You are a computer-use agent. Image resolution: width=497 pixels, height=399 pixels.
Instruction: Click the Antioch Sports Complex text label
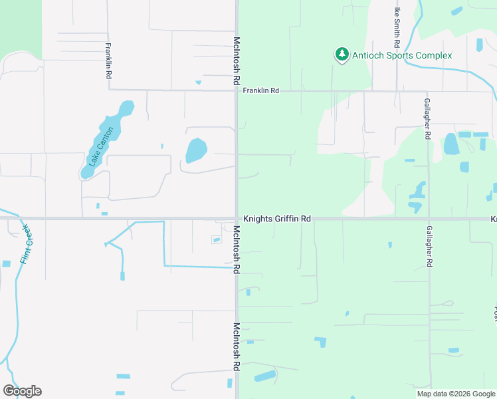(x=402, y=55)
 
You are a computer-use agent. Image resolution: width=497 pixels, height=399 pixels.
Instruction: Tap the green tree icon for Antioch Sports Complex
(x=342, y=55)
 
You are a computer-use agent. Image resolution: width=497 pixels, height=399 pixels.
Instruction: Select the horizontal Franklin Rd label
(x=260, y=90)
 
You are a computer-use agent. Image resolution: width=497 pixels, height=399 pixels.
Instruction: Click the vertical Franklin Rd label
(x=108, y=61)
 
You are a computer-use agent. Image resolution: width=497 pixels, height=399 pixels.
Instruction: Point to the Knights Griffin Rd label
(x=277, y=218)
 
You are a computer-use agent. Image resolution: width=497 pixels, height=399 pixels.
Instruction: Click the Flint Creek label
(x=26, y=245)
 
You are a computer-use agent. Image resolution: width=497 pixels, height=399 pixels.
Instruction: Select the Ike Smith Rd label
(x=397, y=27)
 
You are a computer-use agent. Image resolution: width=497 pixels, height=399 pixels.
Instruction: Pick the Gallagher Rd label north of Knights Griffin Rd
(x=428, y=119)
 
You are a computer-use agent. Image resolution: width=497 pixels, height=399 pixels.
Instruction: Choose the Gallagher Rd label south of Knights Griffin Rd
(x=429, y=246)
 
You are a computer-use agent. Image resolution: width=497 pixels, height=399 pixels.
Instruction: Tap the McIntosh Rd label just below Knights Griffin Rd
(x=236, y=249)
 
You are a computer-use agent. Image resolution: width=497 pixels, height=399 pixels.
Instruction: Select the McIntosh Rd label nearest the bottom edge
(x=236, y=346)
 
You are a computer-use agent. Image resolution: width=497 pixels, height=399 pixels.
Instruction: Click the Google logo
(x=22, y=391)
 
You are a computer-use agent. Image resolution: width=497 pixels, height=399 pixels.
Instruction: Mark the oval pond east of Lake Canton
(x=196, y=150)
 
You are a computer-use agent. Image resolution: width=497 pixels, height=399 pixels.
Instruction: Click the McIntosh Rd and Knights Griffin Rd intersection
(x=236, y=218)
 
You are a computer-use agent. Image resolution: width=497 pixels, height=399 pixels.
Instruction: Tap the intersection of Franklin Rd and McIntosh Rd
(x=236, y=90)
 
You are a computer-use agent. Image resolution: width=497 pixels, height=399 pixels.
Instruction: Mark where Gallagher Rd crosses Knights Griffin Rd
(x=429, y=218)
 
